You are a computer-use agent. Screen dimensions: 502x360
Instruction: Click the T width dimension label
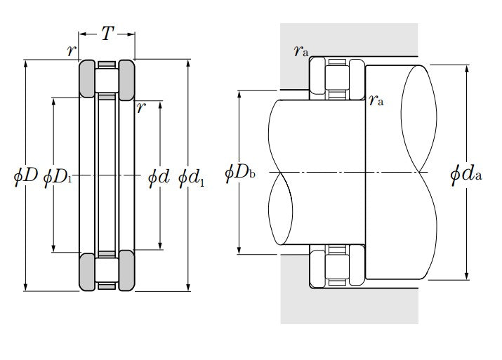107,33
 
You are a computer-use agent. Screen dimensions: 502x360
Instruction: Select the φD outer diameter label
25,175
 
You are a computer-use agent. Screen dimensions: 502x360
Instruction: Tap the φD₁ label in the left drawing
58,177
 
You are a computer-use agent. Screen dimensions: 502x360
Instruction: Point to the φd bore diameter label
159,177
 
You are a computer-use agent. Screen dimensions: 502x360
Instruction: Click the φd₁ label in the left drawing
191,178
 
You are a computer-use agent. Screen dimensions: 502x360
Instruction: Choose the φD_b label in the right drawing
240,173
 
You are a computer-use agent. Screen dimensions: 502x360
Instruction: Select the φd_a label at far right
465,175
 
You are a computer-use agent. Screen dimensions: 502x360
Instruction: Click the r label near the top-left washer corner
72,51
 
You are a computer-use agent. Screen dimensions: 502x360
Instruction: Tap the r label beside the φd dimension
141,107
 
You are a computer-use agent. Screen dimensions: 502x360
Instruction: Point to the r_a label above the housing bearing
301,51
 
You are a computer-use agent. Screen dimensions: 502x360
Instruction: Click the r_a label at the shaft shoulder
376,100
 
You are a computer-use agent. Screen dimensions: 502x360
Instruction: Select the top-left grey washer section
87,79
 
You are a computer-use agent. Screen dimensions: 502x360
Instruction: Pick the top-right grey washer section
127,80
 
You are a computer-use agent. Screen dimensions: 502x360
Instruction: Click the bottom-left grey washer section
87,272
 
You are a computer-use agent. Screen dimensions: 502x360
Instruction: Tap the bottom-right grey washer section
127,270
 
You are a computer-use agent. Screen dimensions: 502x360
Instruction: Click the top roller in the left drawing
107,80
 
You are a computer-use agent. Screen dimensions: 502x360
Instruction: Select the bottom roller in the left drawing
107,270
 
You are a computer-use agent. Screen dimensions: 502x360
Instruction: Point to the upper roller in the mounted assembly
337,78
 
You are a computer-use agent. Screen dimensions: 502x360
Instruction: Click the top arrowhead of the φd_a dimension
467,69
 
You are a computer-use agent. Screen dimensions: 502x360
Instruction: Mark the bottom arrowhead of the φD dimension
26,287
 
